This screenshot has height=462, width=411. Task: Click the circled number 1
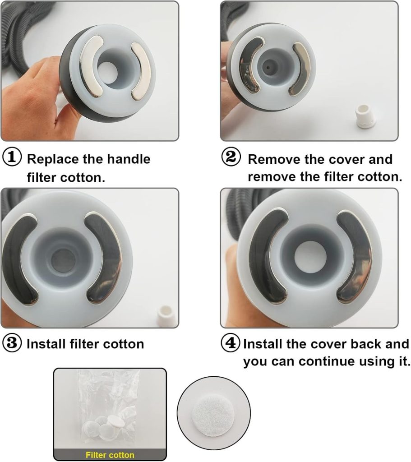[x=12, y=157]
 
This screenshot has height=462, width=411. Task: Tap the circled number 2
[x=231, y=157]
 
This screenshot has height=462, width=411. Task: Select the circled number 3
[x=12, y=343]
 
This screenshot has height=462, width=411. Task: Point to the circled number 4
[x=231, y=343]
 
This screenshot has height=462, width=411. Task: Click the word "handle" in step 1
[x=129, y=159]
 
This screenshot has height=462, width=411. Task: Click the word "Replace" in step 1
[x=53, y=159]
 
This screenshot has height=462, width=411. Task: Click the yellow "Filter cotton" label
[x=110, y=455]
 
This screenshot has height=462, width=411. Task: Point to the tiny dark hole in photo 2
[x=268, y=67]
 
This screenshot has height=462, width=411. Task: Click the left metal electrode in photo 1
[x=91, y=66]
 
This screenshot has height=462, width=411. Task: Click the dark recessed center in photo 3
[x=63, y=260]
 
